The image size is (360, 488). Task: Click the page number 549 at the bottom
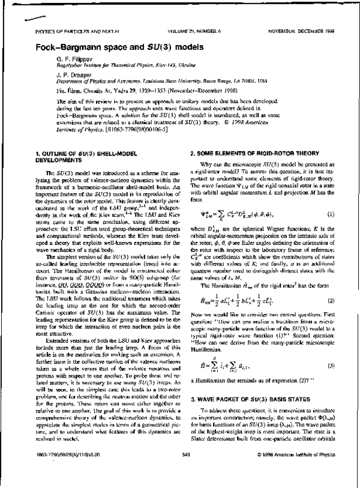185,471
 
